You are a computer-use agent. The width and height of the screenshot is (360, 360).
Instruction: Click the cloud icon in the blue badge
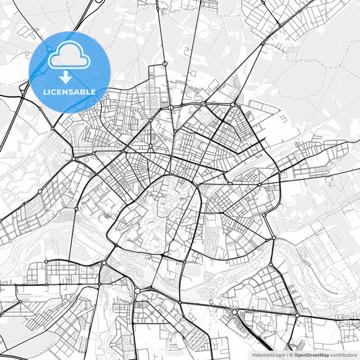coord(70,55)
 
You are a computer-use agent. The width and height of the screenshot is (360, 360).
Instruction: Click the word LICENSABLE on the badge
coord(70,92)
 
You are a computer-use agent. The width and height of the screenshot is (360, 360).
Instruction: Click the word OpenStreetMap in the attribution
coord(311,355)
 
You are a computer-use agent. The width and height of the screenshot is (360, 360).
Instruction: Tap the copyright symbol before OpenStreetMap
coord(291,355)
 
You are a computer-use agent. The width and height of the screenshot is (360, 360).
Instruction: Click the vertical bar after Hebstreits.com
coord(286,355)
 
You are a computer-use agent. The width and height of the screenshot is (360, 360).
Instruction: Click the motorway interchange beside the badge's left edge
coord(24,86)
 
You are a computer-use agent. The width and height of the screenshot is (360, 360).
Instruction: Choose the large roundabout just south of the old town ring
coord(138,290)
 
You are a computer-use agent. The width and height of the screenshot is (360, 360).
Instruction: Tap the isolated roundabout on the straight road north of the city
coord(164,64)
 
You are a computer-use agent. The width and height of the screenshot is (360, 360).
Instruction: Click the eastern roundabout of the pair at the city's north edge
coord(234,104)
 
